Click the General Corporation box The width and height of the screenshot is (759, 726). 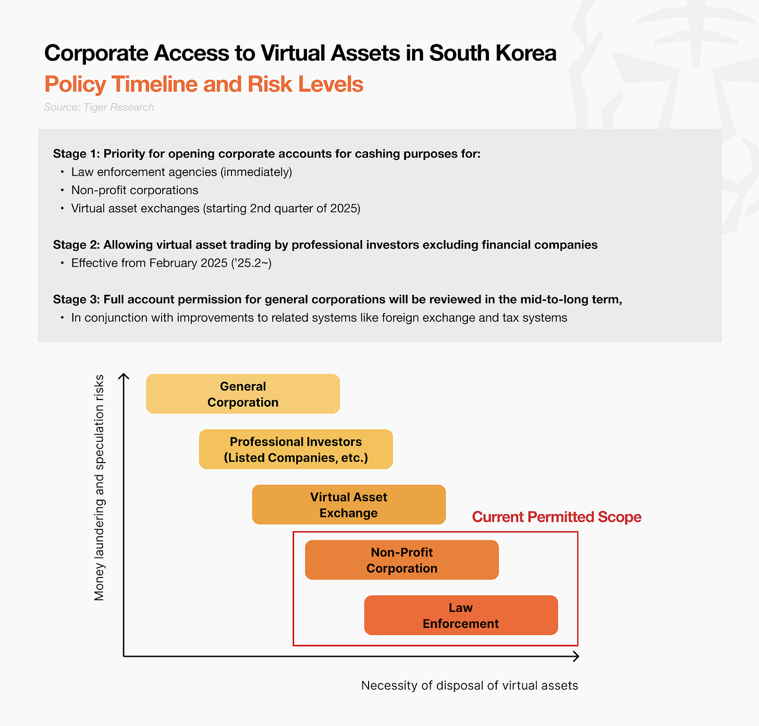(x=243, y=394)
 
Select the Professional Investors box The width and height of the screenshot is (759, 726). (x=296, y=450)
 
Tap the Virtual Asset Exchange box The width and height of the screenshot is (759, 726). (x=349, y=505)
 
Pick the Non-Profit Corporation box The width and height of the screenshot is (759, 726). (x=402, y=560)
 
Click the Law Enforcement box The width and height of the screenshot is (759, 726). (x=461, y=615)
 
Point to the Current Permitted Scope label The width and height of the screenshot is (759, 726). (x=556, y=517)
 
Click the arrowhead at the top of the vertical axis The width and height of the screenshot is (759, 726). (x=124, y=376)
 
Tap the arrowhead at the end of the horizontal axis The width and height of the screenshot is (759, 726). (x=576, y=656)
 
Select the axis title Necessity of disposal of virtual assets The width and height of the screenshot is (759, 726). (x=470, y=685)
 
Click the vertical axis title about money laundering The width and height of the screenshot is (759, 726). (x=99, y=488)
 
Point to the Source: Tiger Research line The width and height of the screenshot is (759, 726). (x=99, y=107)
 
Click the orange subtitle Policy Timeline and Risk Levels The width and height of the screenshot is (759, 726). (x=204, y=84)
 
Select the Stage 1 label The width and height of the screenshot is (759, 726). (x=76, y=154)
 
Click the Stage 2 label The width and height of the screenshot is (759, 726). (x=76, y=245)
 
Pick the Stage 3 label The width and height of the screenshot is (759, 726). (x=76, y=299)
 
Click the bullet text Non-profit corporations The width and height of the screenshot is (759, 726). (x=135, y=190)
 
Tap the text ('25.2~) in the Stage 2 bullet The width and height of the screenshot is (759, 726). (x=251, y=263)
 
